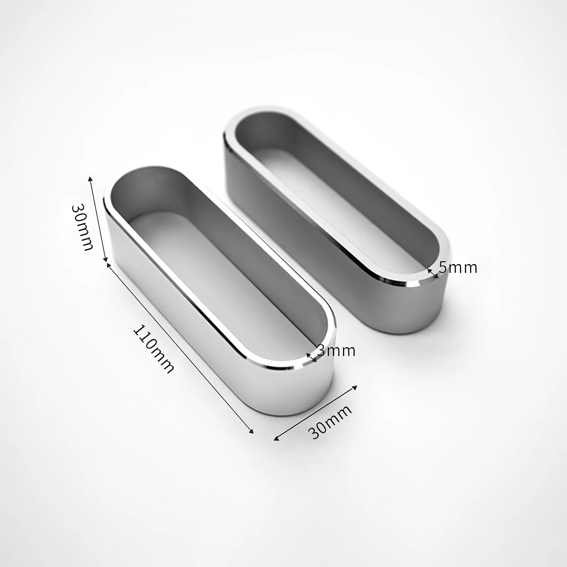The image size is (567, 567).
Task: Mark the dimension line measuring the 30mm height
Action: [x=99, y=219]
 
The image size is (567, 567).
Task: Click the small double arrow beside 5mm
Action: [x=432, y=273]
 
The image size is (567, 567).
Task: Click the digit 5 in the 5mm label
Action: [x=443, y=267]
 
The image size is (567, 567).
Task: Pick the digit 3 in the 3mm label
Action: [x=321, y=351]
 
